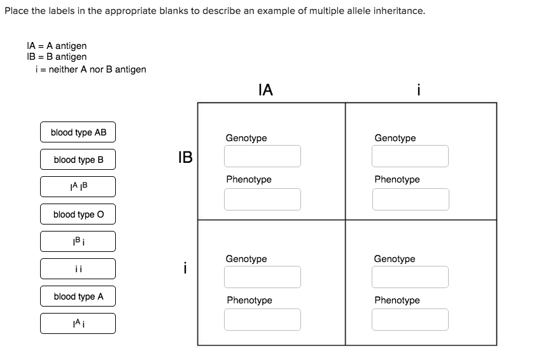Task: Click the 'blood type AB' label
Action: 78,132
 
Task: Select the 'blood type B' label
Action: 78,160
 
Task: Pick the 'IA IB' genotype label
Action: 78,187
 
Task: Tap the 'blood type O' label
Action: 78,214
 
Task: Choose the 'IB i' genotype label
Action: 78,242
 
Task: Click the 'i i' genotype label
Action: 78,269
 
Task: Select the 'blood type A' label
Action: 78,296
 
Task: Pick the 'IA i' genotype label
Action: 78,324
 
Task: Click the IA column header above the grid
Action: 266,90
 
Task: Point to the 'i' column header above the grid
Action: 418,90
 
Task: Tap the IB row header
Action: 185,157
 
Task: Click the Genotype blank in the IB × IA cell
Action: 262,156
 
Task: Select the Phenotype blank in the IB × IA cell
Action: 262,199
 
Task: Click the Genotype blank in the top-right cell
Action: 411,156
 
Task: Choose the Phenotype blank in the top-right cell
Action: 411,199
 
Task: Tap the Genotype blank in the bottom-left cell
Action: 262,277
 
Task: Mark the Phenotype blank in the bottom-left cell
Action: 262,319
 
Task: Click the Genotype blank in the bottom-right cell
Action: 411,277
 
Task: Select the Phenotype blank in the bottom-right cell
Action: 411,319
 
